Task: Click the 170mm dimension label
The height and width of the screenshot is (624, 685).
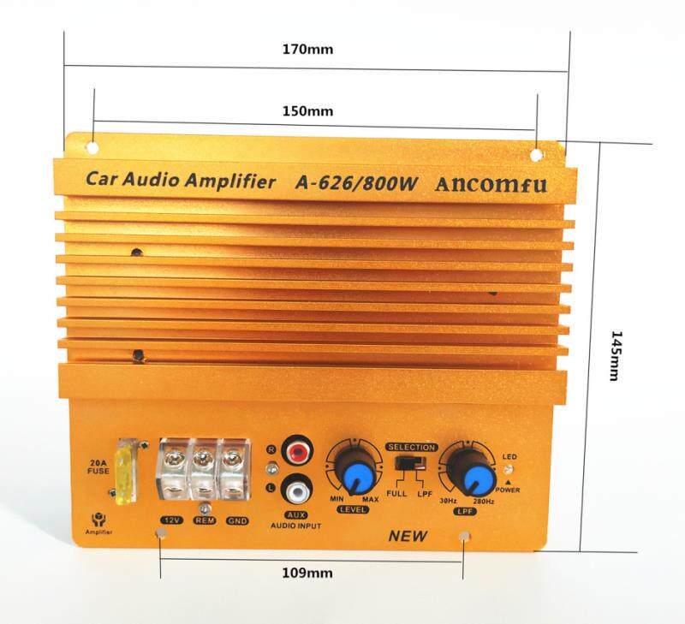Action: click(307, 49)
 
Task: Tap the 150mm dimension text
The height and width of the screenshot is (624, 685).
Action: click(307, 111)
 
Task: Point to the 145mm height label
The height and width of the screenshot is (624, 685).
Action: click(616, 356)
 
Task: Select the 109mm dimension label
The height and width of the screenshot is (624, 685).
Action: click(307, 573)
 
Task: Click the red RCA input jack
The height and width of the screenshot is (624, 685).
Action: click(298, 449)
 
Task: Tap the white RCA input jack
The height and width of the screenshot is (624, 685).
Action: click(297, 490)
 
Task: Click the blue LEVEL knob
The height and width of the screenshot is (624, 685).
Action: click(358, 474)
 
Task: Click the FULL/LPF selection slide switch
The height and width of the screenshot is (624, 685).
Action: click(411, 462)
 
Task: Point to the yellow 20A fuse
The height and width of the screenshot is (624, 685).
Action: click(126, 472)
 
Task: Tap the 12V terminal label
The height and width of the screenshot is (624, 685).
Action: click(172, 520)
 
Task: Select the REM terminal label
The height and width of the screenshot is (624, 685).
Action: click(205, 520)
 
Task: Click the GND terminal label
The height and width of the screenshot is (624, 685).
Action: click(237, 520)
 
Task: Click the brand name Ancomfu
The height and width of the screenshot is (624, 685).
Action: click(491, 184)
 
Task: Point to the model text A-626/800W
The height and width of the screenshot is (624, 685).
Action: click(356, 183)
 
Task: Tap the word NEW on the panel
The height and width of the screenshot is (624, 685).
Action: click(408, 536)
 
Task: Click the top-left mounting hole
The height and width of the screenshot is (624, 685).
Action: click(92, 147)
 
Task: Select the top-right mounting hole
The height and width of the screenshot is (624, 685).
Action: click(537, 155)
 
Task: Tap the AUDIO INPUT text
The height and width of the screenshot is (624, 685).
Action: click(295, 526)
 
